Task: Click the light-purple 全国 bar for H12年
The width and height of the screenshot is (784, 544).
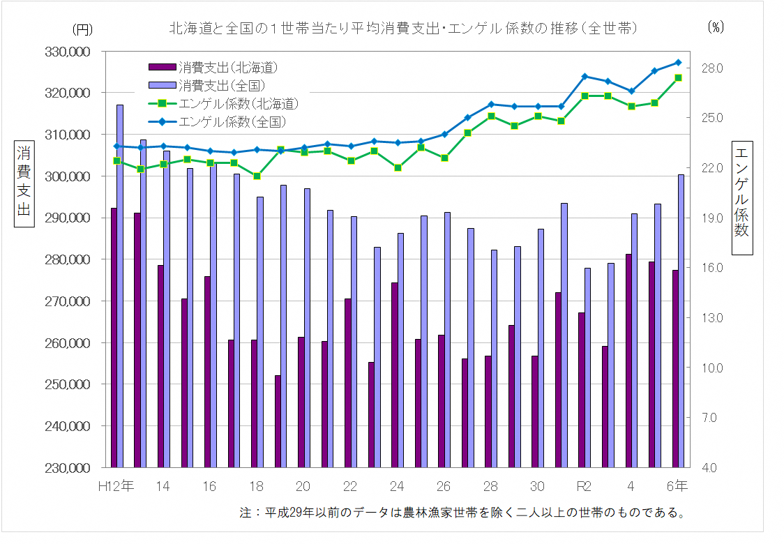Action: pos(120,286)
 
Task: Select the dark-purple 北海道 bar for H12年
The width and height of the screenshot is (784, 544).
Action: pos(114,338)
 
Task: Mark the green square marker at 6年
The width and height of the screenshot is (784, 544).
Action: pos(678,77)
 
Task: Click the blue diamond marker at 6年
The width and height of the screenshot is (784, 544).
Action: pos(678,63)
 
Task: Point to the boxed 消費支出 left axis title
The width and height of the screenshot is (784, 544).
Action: pos(24,181)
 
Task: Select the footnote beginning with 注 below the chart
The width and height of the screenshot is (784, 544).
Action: pos(461,513)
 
